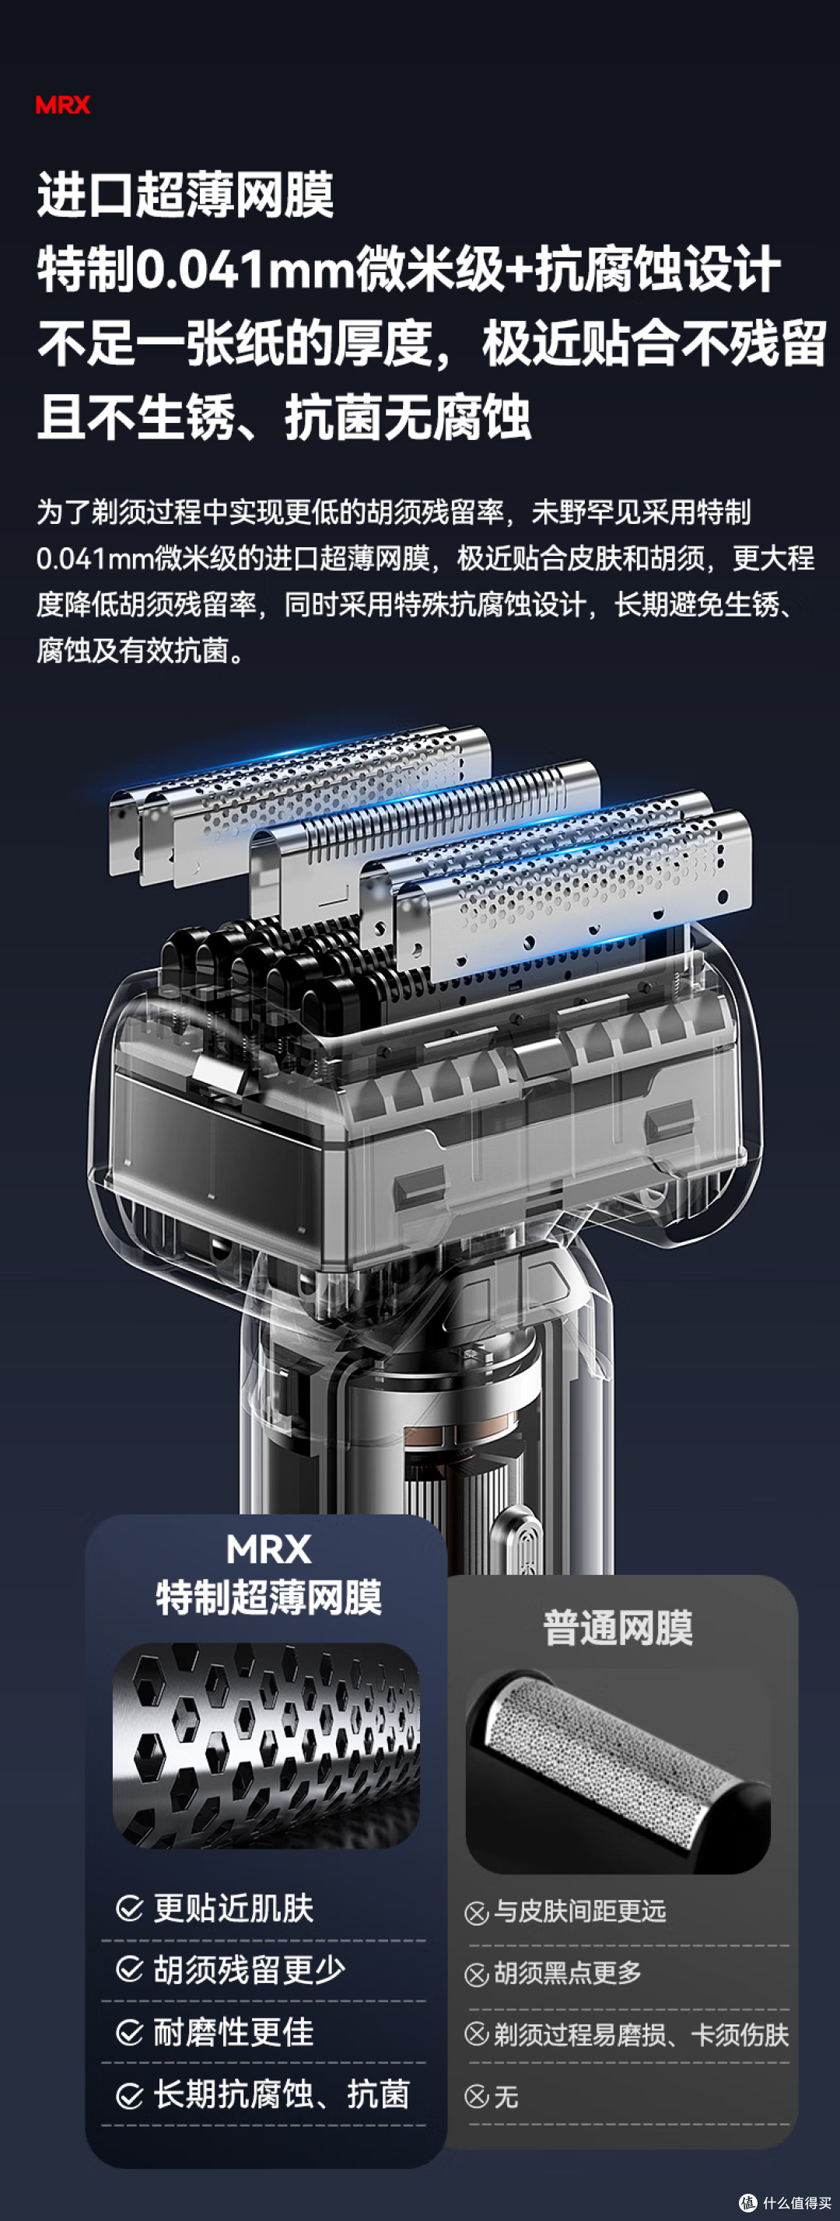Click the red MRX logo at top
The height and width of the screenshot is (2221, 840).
62,105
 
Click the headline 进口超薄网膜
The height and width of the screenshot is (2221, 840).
184,195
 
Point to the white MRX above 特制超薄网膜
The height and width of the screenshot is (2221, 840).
268,1549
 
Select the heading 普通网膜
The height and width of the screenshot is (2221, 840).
618,1628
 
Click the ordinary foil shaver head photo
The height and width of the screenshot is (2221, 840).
618,1771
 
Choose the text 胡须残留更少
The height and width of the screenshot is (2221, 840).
249,1970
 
